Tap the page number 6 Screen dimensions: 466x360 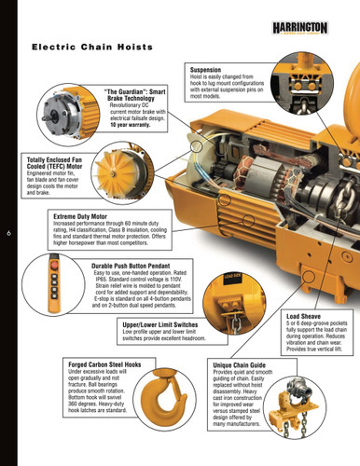pos(8,234)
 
